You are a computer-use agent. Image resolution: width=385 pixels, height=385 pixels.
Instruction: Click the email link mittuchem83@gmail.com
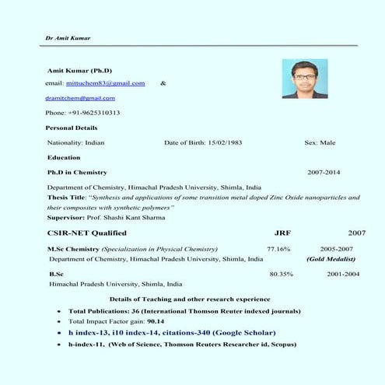106,82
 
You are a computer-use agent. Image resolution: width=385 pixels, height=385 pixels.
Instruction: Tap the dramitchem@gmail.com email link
80,98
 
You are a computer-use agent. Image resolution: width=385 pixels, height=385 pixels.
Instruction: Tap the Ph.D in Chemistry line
77,172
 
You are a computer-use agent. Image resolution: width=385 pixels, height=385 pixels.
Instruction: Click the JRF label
282,233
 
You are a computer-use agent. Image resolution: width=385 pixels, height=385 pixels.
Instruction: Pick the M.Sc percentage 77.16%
278,249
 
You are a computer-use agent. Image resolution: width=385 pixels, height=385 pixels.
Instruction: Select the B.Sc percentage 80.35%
281,275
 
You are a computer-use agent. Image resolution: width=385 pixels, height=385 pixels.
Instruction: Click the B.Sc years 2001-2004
343,275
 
